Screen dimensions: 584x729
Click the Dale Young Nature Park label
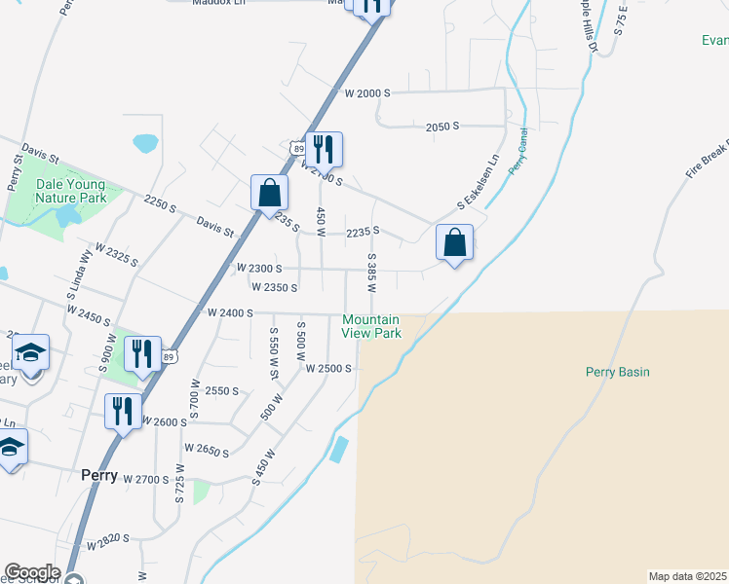(x=70, y=190)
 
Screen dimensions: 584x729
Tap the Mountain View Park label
(x=370, y=326)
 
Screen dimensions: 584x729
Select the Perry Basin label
(x=617, y=372)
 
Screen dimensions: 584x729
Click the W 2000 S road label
(x=367, y=92)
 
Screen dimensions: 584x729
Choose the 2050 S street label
(x=441, y=127)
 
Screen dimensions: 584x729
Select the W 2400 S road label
(x=230, y=313)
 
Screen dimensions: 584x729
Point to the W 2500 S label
(x=327, y=369)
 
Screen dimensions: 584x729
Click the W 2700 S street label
(x=147, y=479)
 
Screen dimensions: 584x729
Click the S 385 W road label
(x=371, y=270)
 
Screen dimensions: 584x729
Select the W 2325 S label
(x=116, y=256)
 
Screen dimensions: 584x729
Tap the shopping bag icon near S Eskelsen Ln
(x=454, y=242)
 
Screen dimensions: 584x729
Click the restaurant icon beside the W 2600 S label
(x=123, y=411)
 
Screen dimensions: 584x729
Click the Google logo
(x=32, y=572)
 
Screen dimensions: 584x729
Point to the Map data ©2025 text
(x=687, y=576)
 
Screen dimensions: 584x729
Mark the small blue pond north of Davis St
(x=145, y=143)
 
